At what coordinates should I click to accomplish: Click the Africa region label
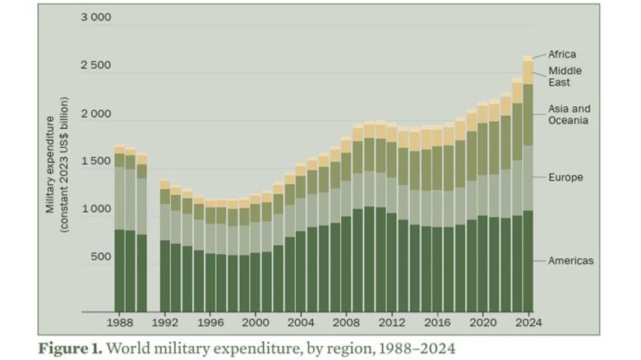pos(565,54)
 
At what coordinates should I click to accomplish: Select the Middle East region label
pos(565,76)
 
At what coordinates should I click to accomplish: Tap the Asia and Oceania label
pos(570,114)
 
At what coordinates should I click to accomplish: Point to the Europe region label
pos(565,177)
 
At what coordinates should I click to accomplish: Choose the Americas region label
pos(571,261)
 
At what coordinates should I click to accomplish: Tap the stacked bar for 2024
pos(528,185)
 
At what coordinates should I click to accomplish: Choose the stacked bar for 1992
pos(165,247)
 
